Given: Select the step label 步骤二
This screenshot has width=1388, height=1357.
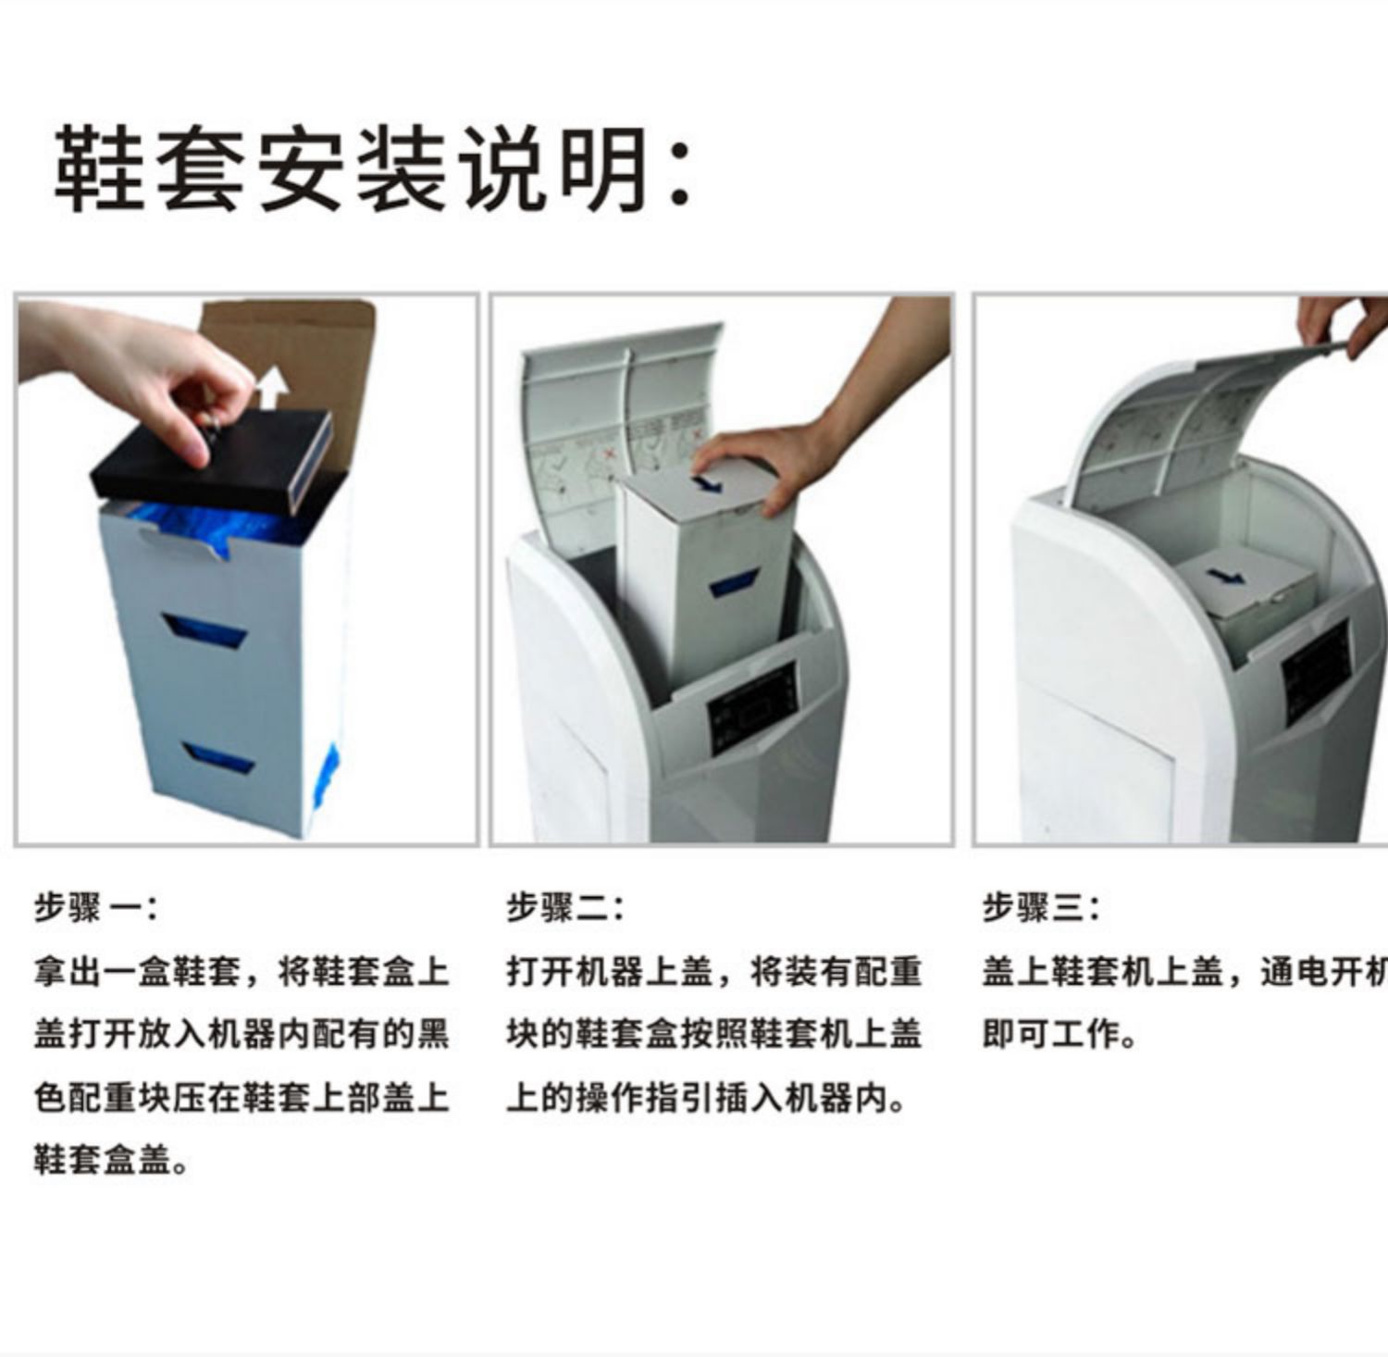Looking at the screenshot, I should pos(564,907).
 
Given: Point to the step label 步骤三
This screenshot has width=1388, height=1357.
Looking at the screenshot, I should pos(1040,907).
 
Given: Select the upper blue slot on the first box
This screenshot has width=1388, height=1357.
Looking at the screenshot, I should pos(205,632).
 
